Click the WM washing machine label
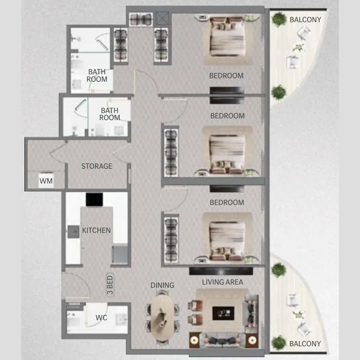[46, 181]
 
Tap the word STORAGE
[97, 166]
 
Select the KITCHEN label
[96, 230]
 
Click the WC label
[101, 318]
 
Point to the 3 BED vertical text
[110, 285]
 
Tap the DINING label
[162, 285]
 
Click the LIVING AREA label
[222, 282]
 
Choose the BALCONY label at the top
[306, 20]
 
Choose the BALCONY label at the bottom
[305, 344]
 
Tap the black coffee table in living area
[223, 313]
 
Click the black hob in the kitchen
[94, 199]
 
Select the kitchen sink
[73, 232]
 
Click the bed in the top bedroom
[227, 37]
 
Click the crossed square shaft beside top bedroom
[162, 18]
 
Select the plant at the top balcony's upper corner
[279, 19]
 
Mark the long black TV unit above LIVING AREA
[221, 271]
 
